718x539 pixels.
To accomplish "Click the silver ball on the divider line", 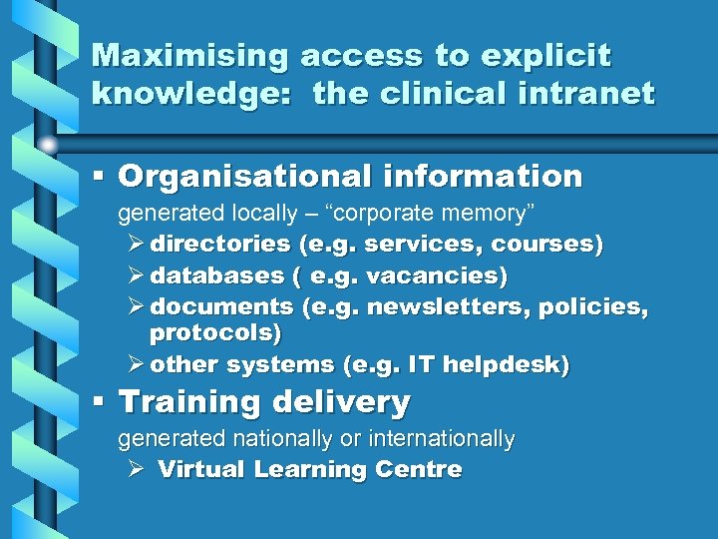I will [x=48, y=145].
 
